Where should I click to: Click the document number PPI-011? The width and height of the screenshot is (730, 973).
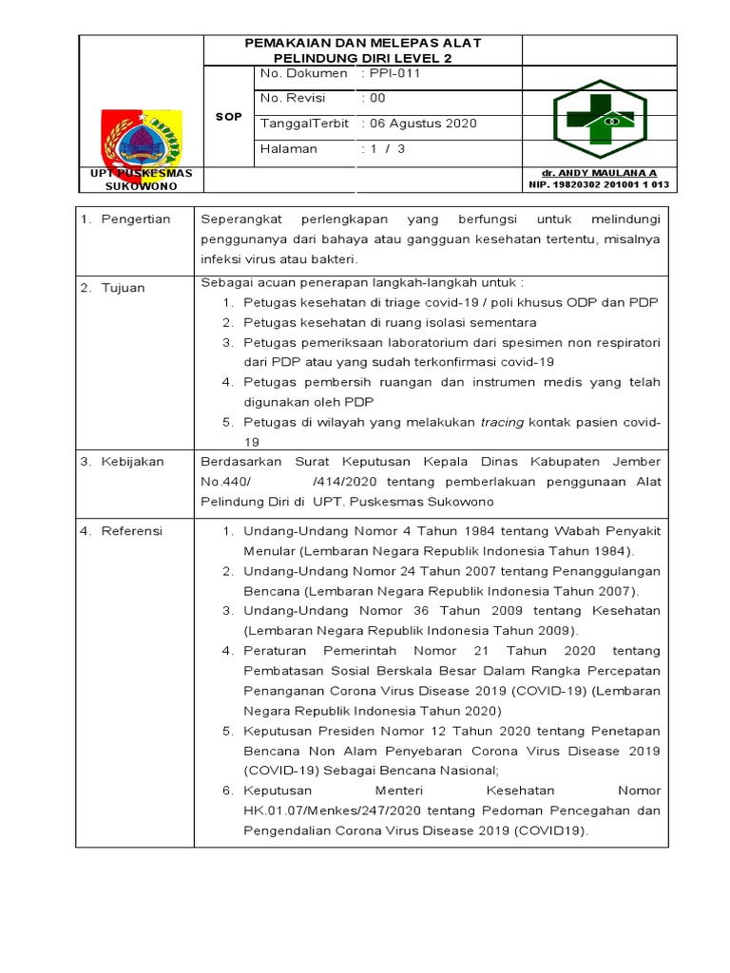391,72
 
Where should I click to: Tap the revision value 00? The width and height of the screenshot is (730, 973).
376,98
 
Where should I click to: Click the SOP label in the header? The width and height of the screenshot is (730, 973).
228,116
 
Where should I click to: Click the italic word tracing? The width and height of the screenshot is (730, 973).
501,422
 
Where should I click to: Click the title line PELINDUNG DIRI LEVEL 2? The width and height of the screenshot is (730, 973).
362,57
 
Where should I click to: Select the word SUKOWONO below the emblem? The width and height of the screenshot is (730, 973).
140,185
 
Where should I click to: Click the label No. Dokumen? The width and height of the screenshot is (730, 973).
299,72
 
